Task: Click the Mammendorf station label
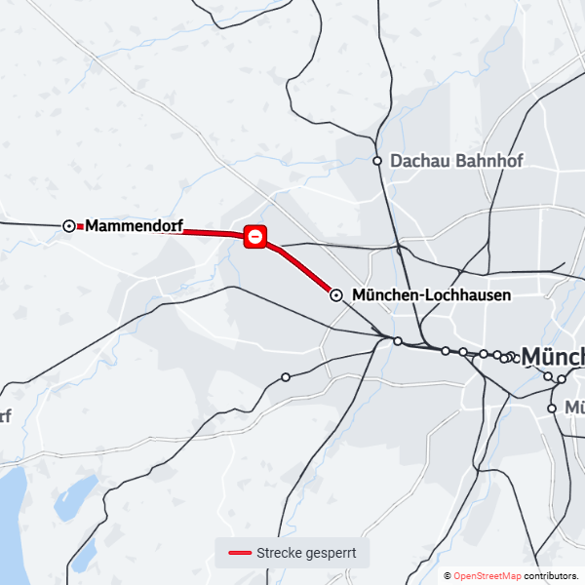pos(135,226)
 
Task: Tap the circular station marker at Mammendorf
pos(69,225)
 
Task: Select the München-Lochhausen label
pos(432,294)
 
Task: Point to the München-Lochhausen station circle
pos(336,294)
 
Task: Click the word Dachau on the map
pos(417,161)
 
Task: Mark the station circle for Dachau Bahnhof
pos(377,161)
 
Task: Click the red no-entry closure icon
pos(255,236)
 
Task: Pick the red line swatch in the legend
pos(240,554)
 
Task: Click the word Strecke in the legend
pos(280,554)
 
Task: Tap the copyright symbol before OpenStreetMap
pos(448,576)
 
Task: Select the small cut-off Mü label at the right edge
pos(574,408)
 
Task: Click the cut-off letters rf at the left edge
pos(5,416)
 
